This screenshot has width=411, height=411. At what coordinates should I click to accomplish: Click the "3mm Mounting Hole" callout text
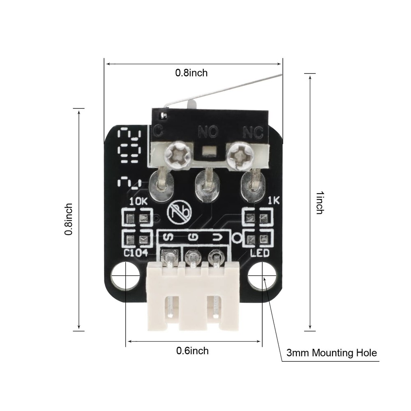point(331,353)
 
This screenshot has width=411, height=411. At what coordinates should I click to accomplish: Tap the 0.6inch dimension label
point(192,351)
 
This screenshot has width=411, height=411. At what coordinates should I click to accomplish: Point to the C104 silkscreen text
point(136,252)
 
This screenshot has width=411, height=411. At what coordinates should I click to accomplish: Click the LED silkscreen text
point(260,252)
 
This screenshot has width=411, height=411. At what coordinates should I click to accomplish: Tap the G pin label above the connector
point(193,237)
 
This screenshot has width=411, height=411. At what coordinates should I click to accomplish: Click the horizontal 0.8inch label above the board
point(192,73)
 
